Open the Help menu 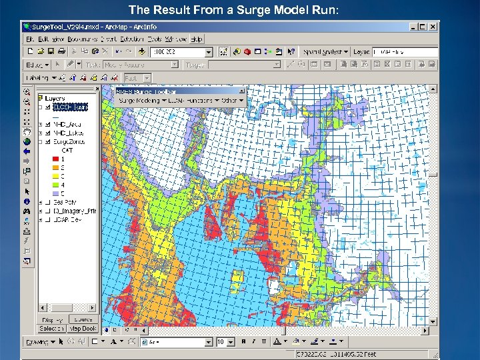197,39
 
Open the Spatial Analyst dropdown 324,51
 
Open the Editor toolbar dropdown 36,65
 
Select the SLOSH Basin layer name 69,107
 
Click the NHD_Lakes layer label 68,133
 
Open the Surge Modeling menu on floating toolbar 140,100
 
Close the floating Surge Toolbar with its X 241,91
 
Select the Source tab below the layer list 81,319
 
